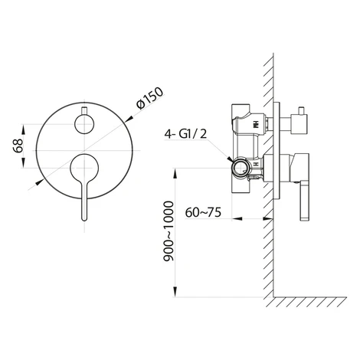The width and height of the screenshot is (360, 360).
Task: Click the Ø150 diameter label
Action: click(x=150, y=99)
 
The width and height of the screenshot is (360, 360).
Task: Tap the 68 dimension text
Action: click(x=18, y=146)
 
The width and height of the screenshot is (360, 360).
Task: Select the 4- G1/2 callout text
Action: click(x=185, y=134)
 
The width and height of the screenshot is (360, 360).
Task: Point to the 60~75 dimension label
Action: click(x=203, y=212)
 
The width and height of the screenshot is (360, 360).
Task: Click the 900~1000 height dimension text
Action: click(x=169, y=231)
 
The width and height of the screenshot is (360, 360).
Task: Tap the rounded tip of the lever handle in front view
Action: click(x=84, y=218)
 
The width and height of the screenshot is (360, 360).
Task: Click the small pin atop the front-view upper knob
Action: click(x=84, y=111)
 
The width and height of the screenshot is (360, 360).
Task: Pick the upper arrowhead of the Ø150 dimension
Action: click(x=129, y=119)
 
